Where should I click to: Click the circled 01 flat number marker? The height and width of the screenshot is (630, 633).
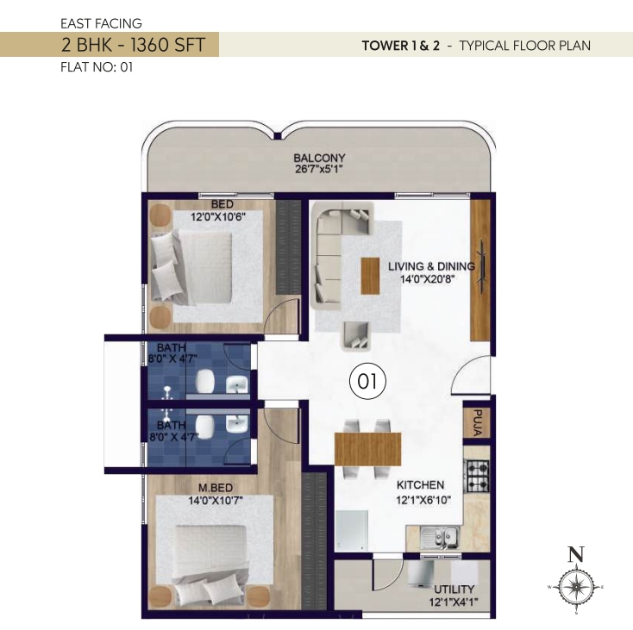pyautogui.click(x=367, y=381)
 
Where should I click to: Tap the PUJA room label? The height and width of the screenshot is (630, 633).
pyautogui.click(x=477, y=422)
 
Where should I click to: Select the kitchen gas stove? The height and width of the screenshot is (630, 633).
pyautogui.click(x=478, y=476)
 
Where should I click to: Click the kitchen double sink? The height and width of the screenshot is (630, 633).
pyautogui.click(x=440, y=538)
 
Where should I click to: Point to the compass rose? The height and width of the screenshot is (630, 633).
pyautogui.click(x=576, y=586)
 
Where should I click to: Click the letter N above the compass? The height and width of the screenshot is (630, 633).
pyautogui.click(x=576, y=554)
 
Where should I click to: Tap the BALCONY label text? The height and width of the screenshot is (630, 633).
pyautogui.click(x=319, y=158)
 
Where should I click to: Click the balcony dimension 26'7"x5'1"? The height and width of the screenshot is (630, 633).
pyautogui.click(x=319, y=169)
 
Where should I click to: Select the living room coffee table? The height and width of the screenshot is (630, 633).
pyautogui.click(x=370, y=276)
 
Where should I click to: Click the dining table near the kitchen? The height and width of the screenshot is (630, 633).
pyautogui.click(x=367, y=449)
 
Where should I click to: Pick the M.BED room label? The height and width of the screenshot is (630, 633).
pyautogui.click(x=216, y=488)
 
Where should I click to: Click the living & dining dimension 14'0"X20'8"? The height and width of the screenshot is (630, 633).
pyautogui.click(x=428, y=278)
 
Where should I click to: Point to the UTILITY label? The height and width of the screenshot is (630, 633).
pyautogui.click(x=454, y=589)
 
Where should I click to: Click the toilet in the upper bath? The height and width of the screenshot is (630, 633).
pyautogui.click(x=205, y=381)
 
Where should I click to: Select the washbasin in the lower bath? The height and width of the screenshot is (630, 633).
pyautogui.click(x=238, y=424)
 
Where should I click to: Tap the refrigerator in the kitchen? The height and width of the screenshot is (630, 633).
pyautogui.click(x=352, y=531)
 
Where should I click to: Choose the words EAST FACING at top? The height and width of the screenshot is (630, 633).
pyautogui.click(x=101, y=23)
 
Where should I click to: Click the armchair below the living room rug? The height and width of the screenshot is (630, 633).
pyautogui.click(x=356, y=336)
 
